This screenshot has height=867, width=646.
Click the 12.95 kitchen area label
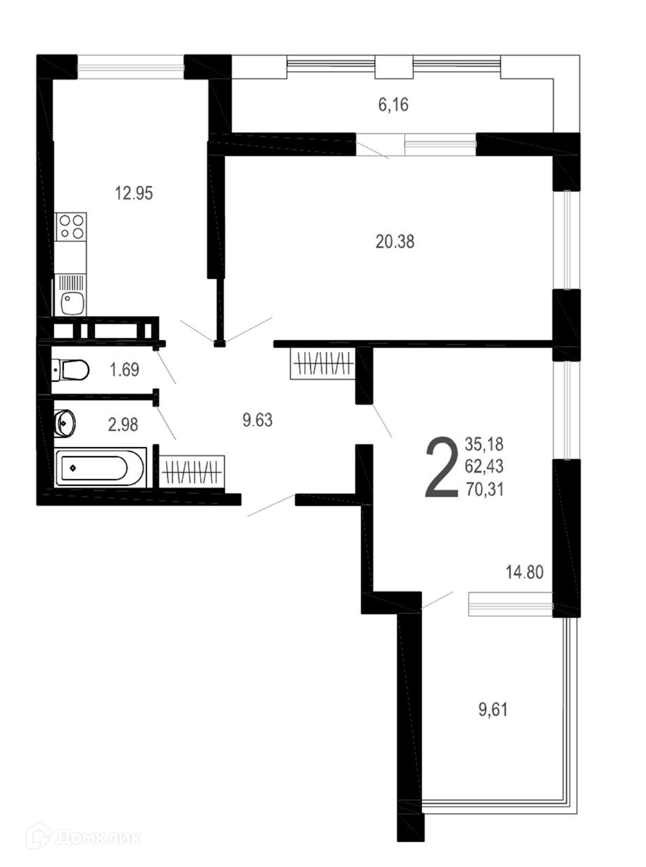click(x=134, y=194)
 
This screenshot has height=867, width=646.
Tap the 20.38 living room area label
click(x=395, y=242)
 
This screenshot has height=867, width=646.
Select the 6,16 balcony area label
click(x=393, y=105)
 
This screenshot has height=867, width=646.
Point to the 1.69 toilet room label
click(x=124, y=370)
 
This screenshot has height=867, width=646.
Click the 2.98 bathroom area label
click(x=123, y=425)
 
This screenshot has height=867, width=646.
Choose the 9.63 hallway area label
click(x=257, y=420)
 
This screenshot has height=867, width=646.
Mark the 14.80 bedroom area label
click(x=525, y=572)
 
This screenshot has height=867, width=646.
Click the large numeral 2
click(x=442, y=466)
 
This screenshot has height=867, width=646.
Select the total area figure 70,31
click(x=484, y=490)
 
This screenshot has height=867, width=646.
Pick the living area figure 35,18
click(x=484, y=444)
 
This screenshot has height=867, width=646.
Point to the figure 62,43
click(x=484, y=466)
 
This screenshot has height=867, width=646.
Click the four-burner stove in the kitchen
click(x=71, y=227)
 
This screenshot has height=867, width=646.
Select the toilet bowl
click(x=70, y=370)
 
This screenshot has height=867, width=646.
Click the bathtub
click(x=101, y=467)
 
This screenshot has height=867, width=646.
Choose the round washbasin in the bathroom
click(x=65, y=423)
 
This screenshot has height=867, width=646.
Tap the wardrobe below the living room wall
click(x=323, y=363)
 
